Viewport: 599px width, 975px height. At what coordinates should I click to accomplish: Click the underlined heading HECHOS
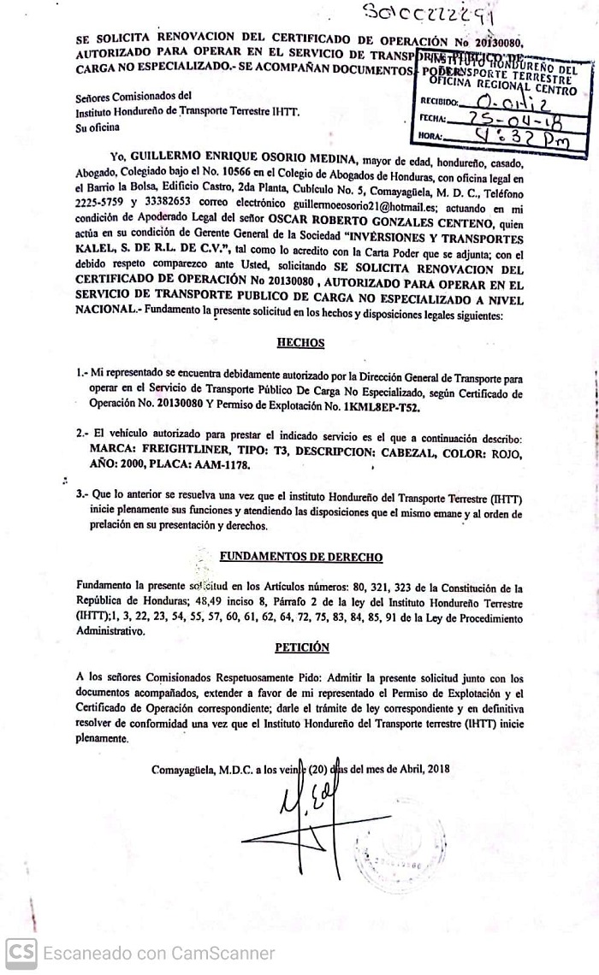click(300, 342)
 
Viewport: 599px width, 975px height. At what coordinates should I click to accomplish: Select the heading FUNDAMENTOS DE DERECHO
click(300, 557)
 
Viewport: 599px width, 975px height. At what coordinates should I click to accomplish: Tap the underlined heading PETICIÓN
click(301, 647)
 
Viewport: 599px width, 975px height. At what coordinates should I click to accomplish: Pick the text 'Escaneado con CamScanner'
click(159, 953)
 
